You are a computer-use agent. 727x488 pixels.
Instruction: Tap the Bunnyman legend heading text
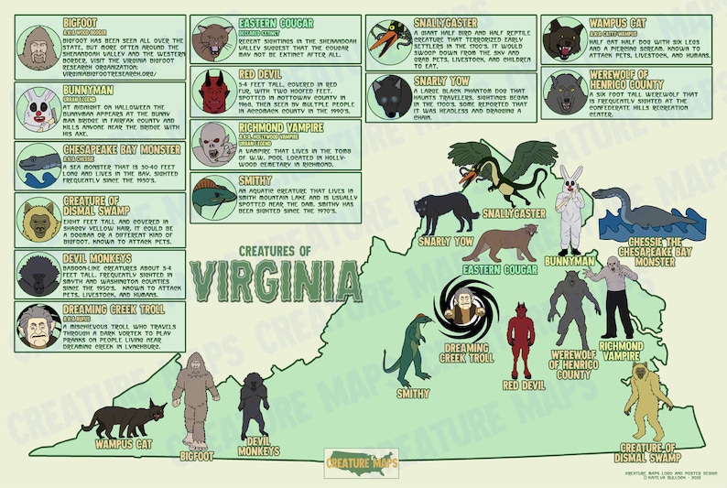[89, 91]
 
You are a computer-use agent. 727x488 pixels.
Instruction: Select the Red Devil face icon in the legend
[214, 92]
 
